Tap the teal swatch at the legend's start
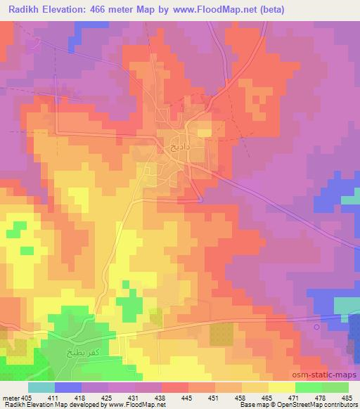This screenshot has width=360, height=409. [x=41, y=387]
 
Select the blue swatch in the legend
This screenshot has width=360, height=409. [x=68, y=387]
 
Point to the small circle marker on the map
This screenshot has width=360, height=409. [x=316, y=326]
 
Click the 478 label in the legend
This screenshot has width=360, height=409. [x=320, y=398]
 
